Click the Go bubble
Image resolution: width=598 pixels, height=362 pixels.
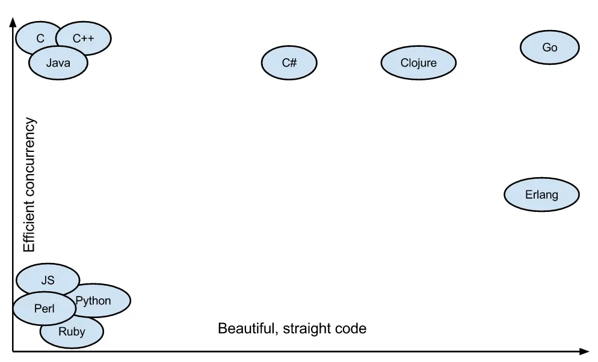pos(549,47)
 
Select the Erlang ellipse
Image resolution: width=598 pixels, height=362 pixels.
pos(541,195)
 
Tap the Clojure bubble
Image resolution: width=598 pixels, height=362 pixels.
pos(418,62)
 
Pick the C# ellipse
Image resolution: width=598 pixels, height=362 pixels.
pos(289,62)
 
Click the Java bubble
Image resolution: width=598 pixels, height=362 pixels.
pos(58,63)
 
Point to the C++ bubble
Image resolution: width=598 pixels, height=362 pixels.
pos(84,38)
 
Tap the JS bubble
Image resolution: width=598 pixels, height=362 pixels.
pos(48,280)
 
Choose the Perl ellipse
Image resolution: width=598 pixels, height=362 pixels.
pos(44,309)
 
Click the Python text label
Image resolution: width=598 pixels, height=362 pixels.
pos(93,300)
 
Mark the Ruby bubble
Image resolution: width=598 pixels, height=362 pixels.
pos(72,332)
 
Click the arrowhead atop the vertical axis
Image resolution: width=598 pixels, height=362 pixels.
pos(13,23)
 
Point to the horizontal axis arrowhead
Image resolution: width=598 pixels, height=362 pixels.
pos(584,351)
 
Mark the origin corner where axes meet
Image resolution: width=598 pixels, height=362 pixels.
pos(13,351)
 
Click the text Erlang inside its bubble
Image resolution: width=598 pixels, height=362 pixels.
pos(541,195)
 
